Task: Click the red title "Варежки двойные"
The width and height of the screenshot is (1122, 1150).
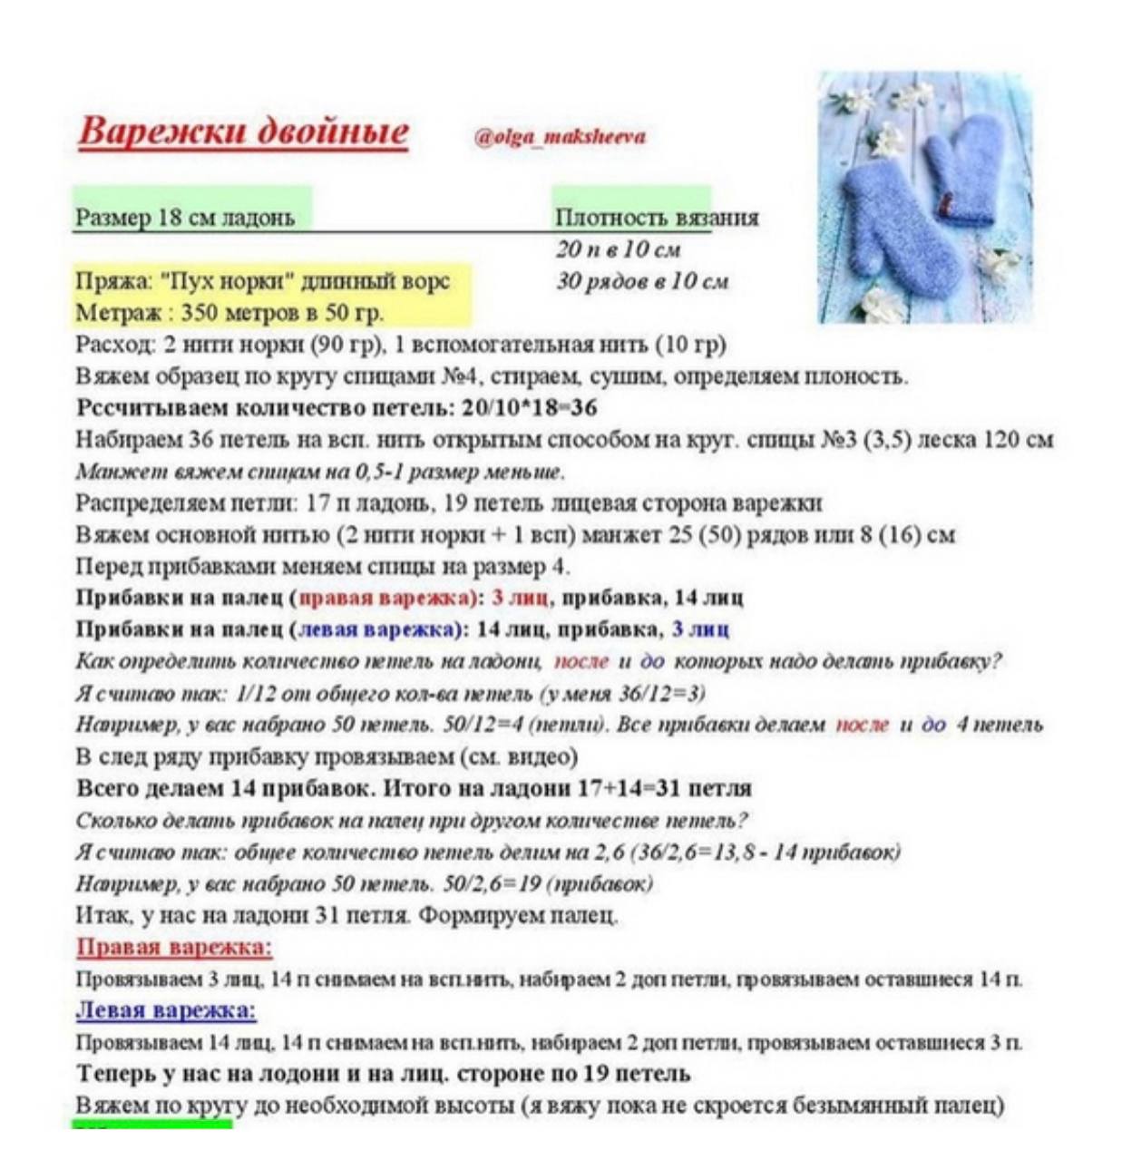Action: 243,132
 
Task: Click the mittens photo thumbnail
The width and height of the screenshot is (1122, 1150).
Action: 925,197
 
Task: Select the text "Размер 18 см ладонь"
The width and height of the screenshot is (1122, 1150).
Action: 185,218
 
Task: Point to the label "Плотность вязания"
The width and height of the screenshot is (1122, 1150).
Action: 657,218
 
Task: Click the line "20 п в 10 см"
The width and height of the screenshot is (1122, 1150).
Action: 619,249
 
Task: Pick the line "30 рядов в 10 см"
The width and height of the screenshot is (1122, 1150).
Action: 642,281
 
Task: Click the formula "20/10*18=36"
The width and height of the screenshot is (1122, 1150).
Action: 530,408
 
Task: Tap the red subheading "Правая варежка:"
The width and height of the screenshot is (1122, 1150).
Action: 174,948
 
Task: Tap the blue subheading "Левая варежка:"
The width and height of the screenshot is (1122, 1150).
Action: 166,1011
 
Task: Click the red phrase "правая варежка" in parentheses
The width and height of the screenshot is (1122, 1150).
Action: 385,598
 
